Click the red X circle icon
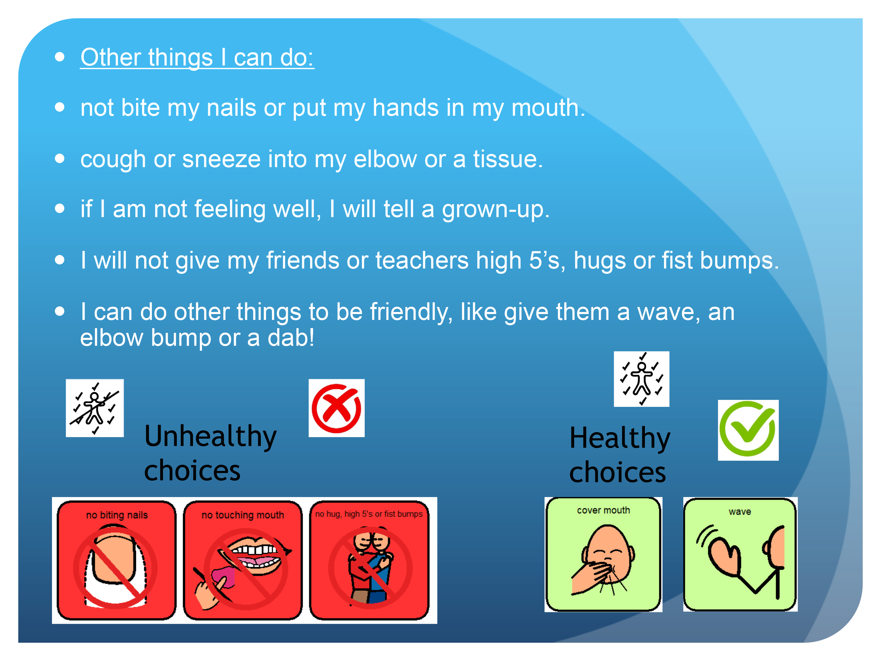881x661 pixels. pos(336,408)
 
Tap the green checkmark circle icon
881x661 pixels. pos(748,430)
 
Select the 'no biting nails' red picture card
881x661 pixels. pos(116,560)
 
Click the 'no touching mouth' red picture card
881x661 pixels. pos(243,560)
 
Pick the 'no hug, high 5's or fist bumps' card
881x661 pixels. pos(369,560)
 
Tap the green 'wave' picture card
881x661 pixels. pos(740,554)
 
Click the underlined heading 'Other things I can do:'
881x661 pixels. pos(197,57)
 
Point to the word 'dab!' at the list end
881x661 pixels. pos(291,338)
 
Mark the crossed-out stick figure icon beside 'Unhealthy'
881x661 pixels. pos(95,408)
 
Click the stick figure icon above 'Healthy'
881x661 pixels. pos(641,379)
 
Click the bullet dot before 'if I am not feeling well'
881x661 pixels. pos(60,209)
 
